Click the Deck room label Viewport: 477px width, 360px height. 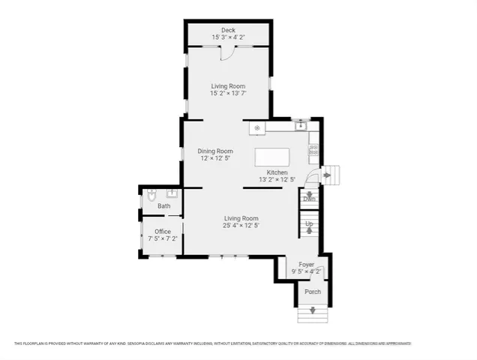pyautogui.click(x=227, y=30)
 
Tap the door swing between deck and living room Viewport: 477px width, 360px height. pyautogui.click(x=227, y=52)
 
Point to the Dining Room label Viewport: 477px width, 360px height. pyautogui.click(x=215, y=151)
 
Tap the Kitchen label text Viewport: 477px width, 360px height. pyautogui.click(x=277, y=172)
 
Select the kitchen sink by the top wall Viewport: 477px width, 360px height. pyautogui.click(x=301, y=126)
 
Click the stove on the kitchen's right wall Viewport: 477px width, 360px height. pyautogui.click(x=314, y=149)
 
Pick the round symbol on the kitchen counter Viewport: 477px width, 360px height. pyautogui.click(x=257, y=128)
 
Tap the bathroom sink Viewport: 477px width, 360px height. pyautogui.click(x=171, y=193)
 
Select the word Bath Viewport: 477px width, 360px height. pyautogui.click(x=163, y=205)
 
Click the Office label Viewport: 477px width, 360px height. pyautogui.click(x=163, y=231)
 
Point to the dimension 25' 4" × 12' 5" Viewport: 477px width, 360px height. pyautogui.click(x=241, y=226)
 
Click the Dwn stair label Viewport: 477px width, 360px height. pyautogui.click(x=309, y=199)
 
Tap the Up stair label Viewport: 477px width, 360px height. pyautogui.click(x=308, y=223)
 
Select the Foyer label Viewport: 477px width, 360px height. pyautogui.click(x=307, y=264)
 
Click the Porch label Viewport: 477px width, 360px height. pyautogui.click(x=312, y=292)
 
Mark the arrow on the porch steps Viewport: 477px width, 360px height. pyautogui.click(x=313, y=311)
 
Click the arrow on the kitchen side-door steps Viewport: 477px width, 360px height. pyautogui.click(x=328, y=176)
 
